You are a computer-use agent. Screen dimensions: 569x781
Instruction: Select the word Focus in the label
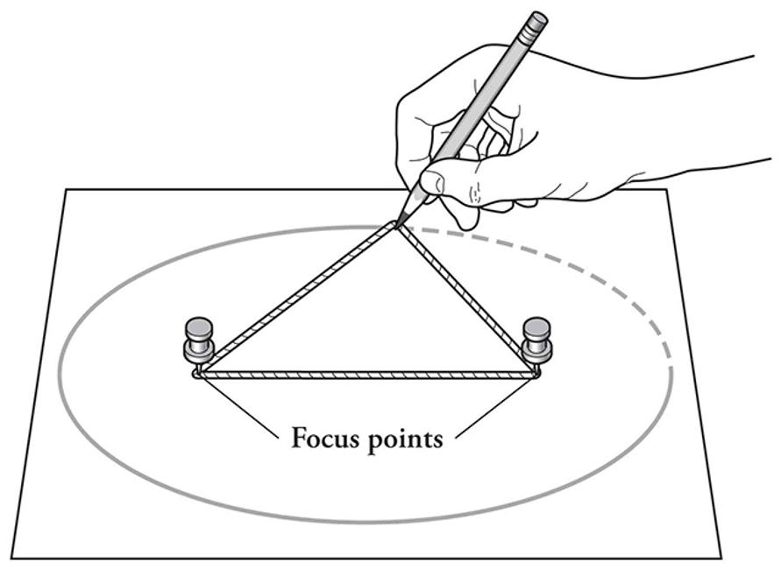324,437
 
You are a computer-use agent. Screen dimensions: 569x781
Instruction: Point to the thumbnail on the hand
430,182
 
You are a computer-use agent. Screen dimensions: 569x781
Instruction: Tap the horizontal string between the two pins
368,375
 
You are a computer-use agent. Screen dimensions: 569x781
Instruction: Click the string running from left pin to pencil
298,299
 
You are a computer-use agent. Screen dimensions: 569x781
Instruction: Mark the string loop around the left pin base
198,374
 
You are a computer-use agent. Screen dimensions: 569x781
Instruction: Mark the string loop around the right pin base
536,374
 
